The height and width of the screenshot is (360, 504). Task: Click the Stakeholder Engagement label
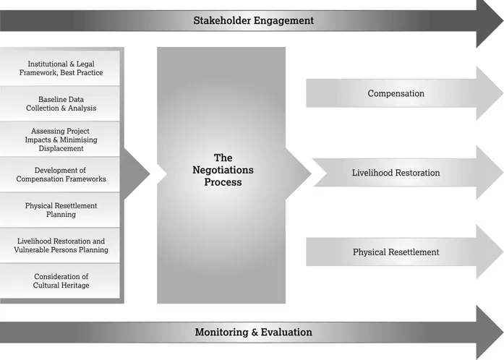click(253, 20)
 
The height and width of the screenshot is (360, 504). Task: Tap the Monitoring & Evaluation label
click(253, 333)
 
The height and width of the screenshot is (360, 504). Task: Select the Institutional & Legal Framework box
click(61, 68)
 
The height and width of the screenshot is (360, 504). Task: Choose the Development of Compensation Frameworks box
click(60, 174)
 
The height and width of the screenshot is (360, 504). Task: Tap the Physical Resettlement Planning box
click(61, 210)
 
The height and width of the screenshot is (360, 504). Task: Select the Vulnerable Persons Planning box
click(61, 245)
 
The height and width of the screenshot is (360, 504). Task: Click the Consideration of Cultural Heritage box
click(61, 280)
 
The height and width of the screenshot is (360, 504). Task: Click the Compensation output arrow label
click(396, 93)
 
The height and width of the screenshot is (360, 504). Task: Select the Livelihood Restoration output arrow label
click(396, 173)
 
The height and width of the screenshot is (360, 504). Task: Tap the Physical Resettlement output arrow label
click(396, 252)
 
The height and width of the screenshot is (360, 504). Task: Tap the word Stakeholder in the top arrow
click(222, 20)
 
